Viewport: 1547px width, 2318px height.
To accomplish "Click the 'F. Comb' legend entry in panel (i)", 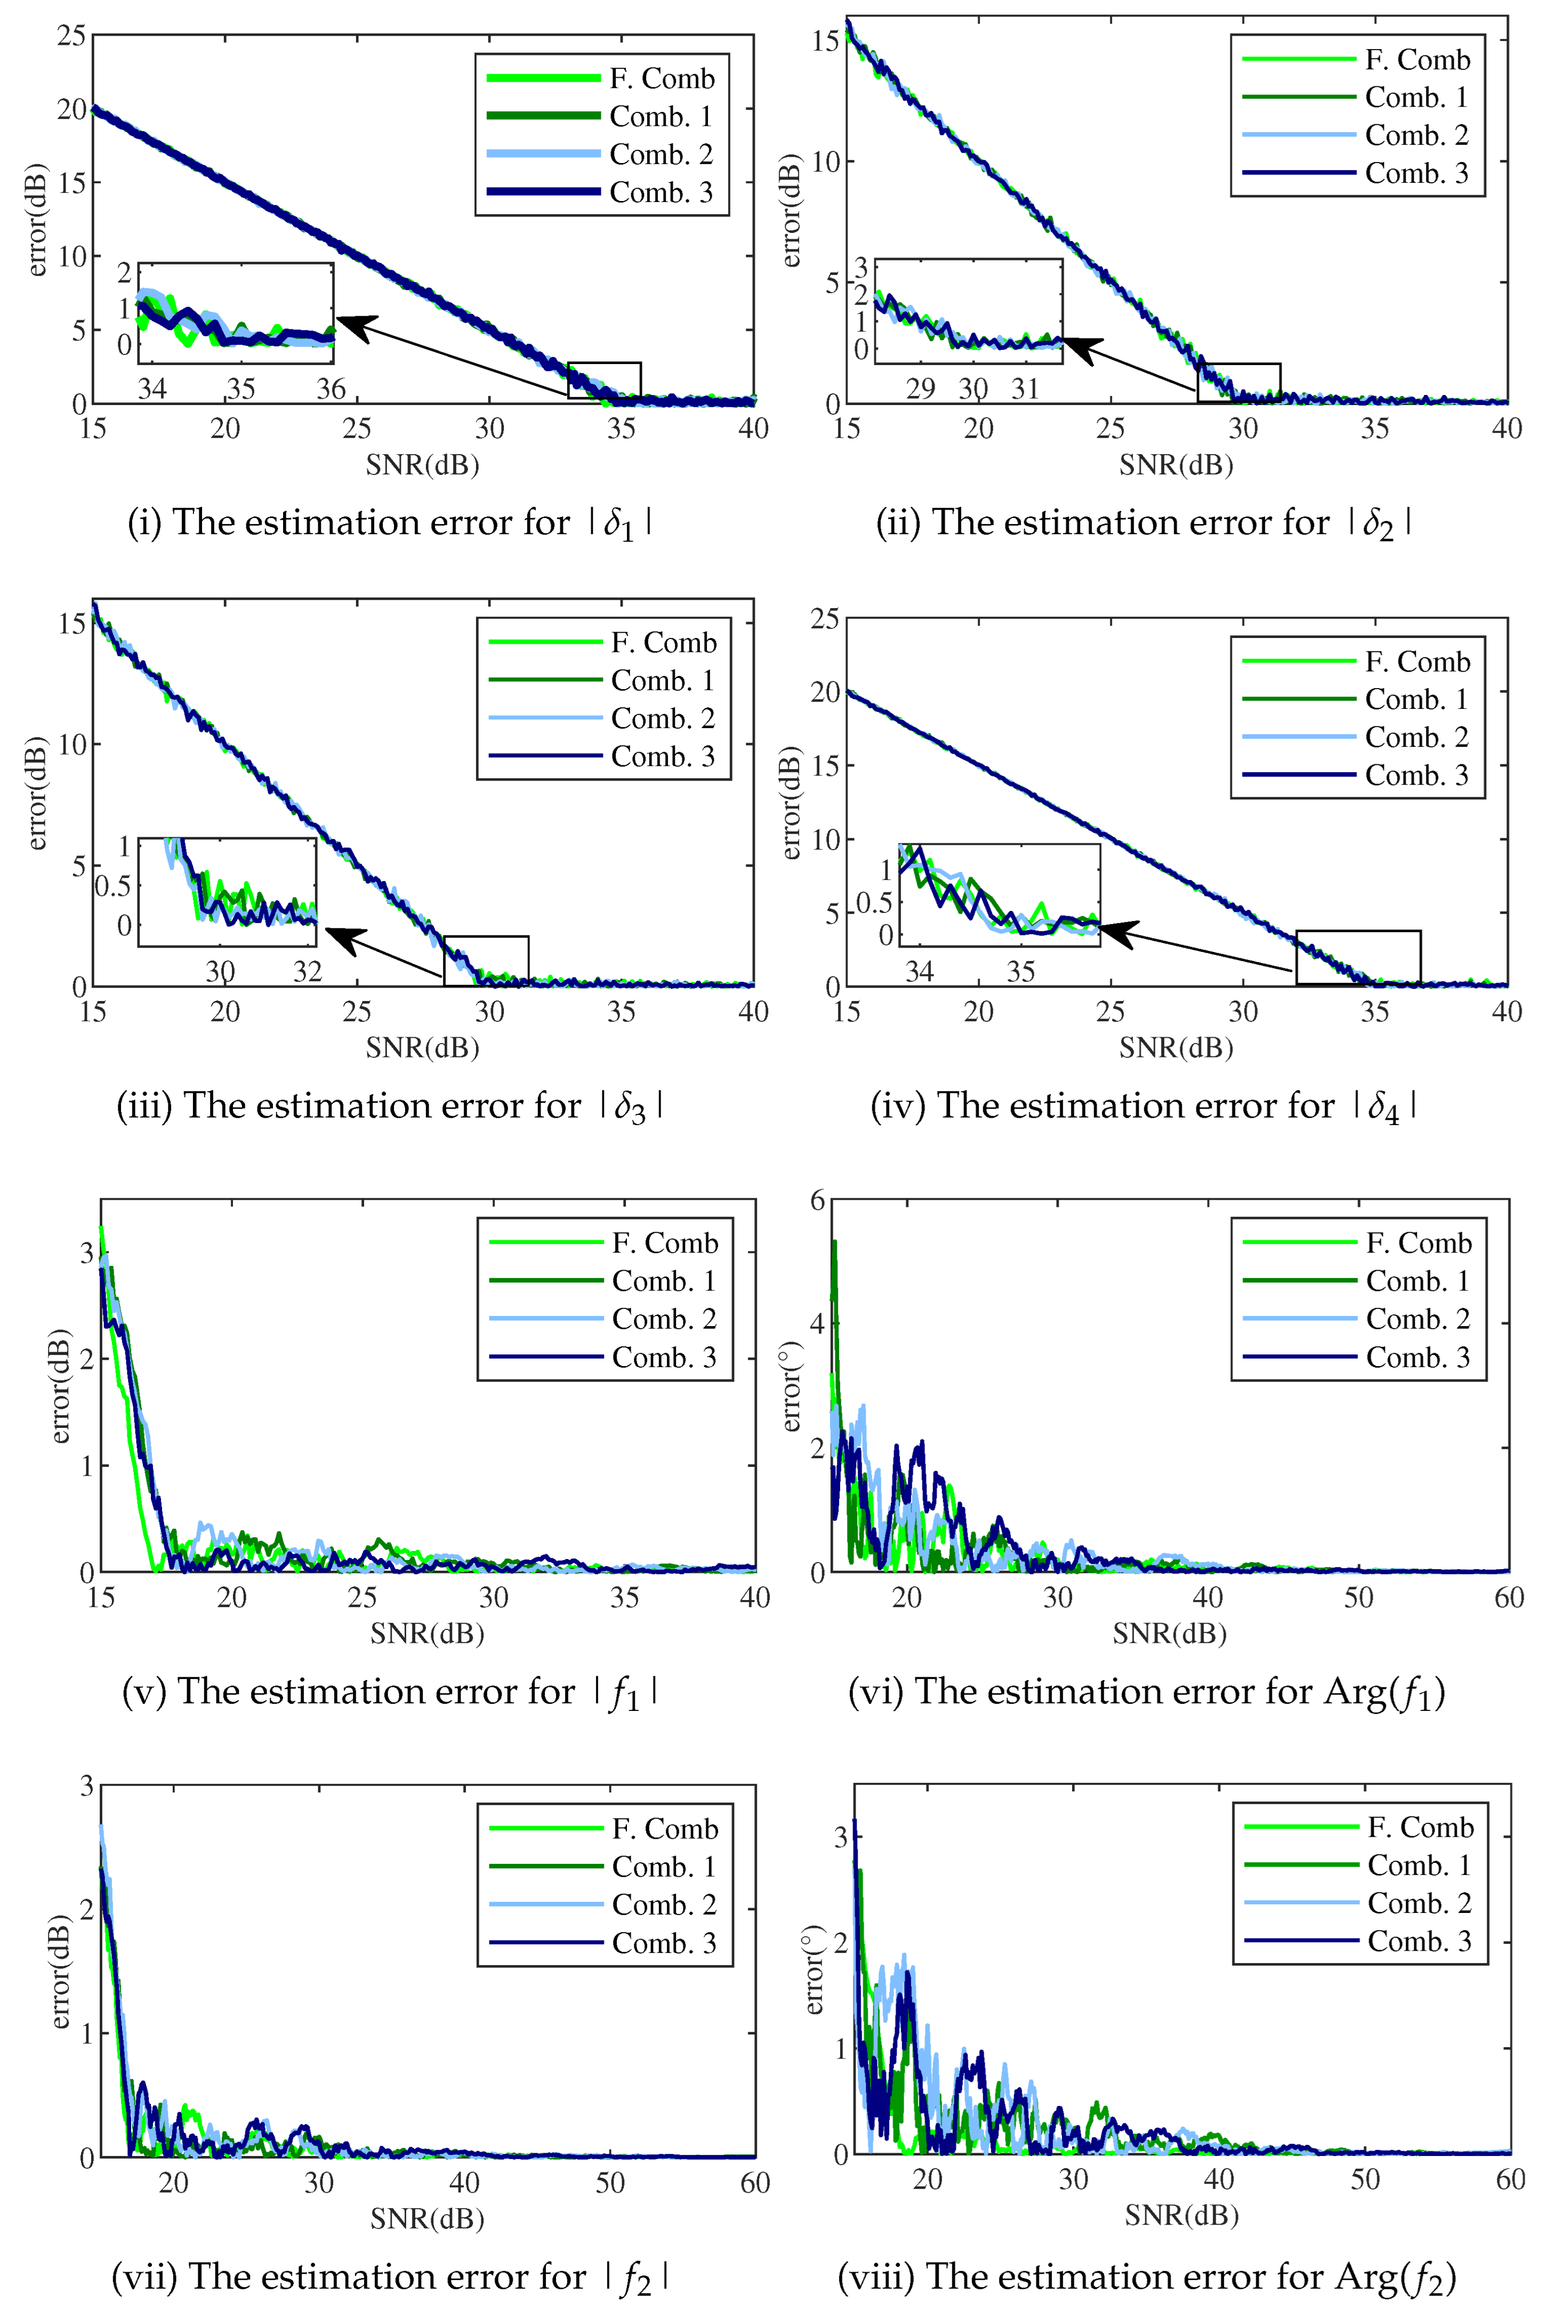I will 661,79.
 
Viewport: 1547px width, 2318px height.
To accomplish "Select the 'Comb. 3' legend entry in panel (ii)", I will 1416,174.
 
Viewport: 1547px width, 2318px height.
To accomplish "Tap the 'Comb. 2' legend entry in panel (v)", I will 663,1319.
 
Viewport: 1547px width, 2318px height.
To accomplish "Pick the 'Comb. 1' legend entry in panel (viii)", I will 1419,1865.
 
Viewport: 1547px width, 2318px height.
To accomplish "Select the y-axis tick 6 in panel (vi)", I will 817,1200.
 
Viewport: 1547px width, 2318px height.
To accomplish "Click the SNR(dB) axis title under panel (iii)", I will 422,1047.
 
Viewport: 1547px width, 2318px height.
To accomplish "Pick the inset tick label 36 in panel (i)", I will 331,389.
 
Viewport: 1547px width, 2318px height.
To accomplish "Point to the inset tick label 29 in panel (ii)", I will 921,389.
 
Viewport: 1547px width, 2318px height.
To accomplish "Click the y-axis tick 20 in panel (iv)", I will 825,692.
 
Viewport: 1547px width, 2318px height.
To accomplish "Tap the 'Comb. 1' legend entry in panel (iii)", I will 662,681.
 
